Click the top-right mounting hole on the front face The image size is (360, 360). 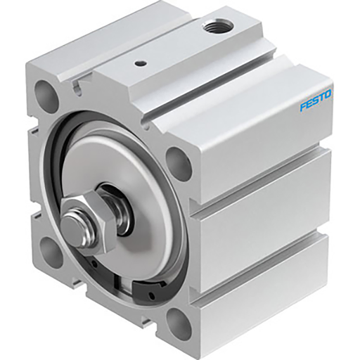pos(179,162)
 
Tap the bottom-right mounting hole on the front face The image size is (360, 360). pos(178,326)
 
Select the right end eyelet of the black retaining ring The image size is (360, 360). pos(149,288)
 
